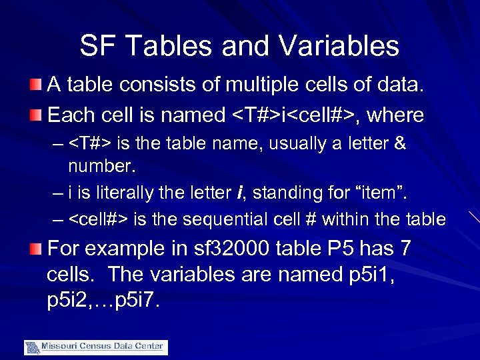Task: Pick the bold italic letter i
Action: click(x=239, y=193)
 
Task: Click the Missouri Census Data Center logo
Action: click(x=96, y=347)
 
